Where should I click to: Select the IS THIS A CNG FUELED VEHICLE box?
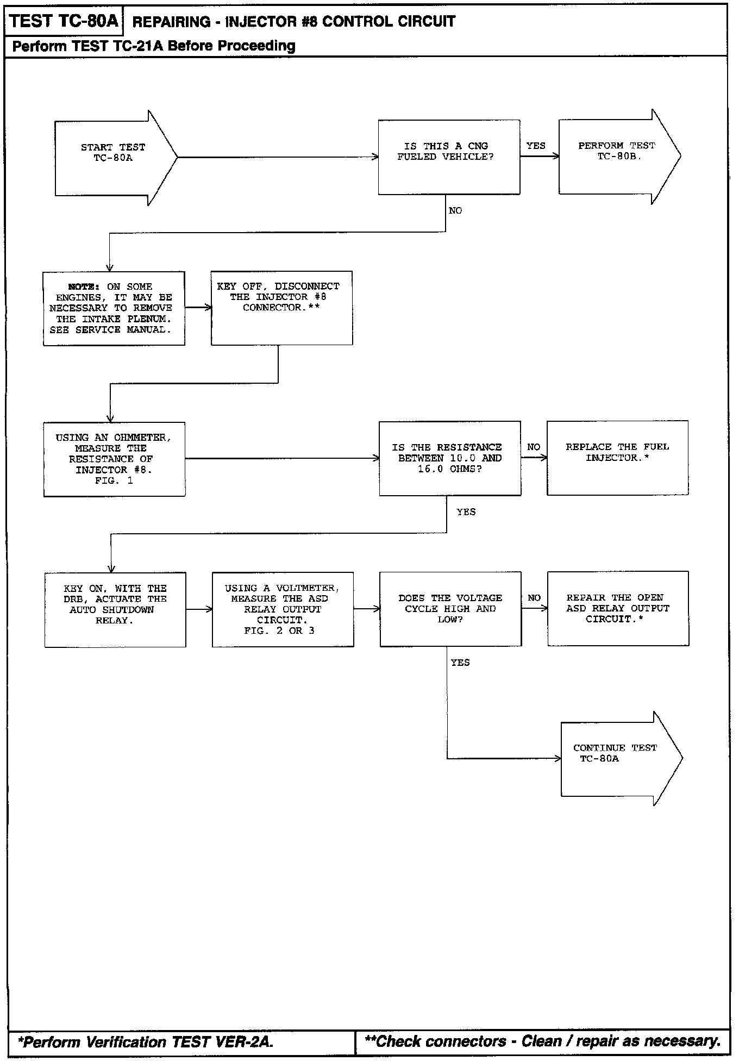(x=449, y=157)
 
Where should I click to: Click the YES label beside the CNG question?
(x=536, y=146)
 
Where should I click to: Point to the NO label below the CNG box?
(x=455, y=211)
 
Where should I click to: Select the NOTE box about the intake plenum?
(x=114, y=308)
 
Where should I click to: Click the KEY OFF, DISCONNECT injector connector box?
(x=281, y=308)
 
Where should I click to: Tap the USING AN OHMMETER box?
(x=114, y=459)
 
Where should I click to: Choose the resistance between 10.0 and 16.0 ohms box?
(x=450, y=458)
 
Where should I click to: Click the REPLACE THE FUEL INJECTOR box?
(x=617, y=458)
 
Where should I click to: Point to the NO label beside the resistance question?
(x=534, y=447)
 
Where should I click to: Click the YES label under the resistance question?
(x=466, y=512)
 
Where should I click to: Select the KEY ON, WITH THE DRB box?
(x=115, y=609)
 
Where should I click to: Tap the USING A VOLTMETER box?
(x=283, y=609)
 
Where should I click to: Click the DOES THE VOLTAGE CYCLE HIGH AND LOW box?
(x=450, y=609)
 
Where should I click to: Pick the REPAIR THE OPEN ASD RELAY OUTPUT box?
(x=618, y=608)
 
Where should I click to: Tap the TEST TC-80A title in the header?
(x=64, y=22)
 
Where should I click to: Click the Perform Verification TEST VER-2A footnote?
(x=146, y=1042)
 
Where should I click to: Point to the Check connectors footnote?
(x=542, y=1041)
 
